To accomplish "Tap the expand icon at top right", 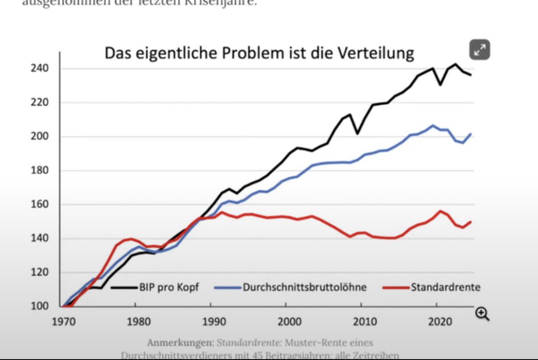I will coord(479,50).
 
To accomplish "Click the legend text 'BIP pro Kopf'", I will coord(168,287).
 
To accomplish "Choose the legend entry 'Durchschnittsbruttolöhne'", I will coord(304,287).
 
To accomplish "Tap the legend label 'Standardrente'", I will coord(445,287).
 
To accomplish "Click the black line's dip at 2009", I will coord(357,134).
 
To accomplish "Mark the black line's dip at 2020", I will coord(440,85).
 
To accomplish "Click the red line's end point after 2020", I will coord(471,221).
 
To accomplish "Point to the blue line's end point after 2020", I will coord(471,134).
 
